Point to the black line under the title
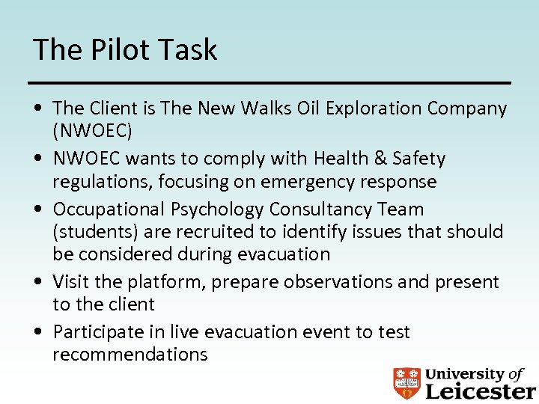[269, 82]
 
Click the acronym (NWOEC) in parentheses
[92, 131]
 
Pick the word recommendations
[130, 354]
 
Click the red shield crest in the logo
[406, 383]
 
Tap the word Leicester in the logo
[480, 391]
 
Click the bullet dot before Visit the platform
[37, 283]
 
